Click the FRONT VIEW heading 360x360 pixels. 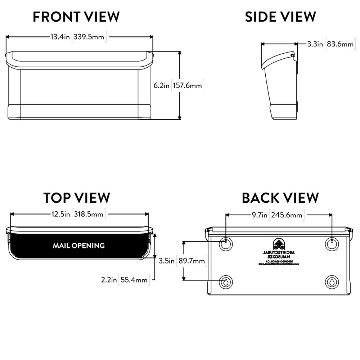click(x=76, y=17)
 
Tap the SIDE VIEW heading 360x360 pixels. click(x=280, y=17)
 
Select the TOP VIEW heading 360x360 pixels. click(x=77, y=198)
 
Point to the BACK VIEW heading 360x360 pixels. click(x=280, y=198)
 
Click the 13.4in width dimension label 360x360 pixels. click(x=60, y=37)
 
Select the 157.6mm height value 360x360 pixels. click(x=188, y=86)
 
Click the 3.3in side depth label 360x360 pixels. click(x=315, y=44)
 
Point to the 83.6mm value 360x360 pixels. click(x=340, y=44)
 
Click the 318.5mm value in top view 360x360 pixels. click(x=89, y=214)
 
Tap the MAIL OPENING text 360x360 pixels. click(x=78, y=246)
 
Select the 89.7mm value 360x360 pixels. click(x=192, y=261)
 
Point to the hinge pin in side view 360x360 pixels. click(x=292, y=55)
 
